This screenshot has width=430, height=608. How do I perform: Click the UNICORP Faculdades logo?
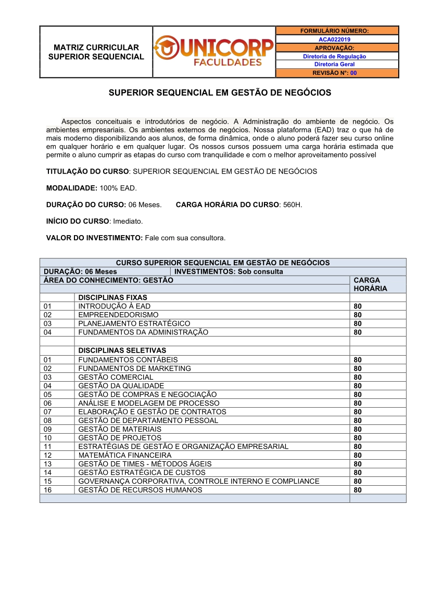(214, 51)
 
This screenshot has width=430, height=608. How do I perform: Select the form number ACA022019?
(334, 39)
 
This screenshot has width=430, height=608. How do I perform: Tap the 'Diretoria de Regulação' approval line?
(334, 56)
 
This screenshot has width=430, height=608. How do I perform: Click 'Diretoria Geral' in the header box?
(334, 64)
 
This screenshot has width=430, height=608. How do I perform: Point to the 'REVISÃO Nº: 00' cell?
(334, 73)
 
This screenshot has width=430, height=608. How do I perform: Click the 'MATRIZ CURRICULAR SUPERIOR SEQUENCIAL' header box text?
(96, 52)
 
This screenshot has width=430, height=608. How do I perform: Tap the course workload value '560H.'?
(293, 205)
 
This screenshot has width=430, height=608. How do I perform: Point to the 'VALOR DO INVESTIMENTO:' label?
(94, 238)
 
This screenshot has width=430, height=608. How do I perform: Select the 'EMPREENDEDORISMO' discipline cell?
(118, 315)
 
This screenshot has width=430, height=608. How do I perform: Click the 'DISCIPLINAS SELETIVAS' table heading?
(122, 351)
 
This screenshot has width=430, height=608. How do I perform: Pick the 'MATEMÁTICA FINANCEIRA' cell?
(124, 455)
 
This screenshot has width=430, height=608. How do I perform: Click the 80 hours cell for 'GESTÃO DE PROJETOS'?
(358, 438)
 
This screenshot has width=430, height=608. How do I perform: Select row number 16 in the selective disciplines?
(48, 490)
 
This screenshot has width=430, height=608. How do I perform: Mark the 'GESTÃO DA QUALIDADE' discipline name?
(121, 386)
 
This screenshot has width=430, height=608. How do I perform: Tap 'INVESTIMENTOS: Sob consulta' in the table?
(229, 271)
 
